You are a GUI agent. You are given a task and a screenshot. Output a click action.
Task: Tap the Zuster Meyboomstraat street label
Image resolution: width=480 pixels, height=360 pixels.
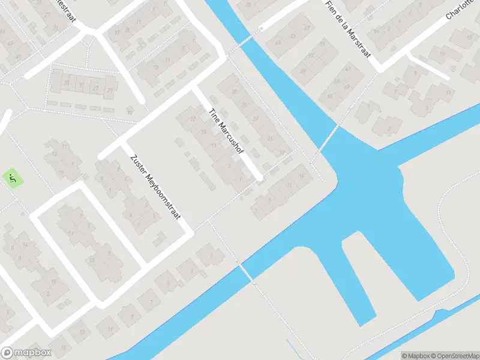[154, 187]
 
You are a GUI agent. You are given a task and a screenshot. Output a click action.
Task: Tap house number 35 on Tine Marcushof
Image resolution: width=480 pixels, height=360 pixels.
[235, 92]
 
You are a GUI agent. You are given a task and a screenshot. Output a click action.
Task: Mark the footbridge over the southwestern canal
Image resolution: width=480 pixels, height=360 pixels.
[246, 272]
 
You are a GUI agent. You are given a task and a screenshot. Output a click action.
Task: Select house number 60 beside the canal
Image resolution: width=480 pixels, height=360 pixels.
[329, 97]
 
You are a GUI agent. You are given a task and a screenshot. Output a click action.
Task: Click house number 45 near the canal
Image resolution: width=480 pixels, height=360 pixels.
[278, 43]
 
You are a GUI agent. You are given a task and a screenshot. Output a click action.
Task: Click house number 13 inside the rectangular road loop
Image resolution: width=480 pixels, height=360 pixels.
[91, 260]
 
